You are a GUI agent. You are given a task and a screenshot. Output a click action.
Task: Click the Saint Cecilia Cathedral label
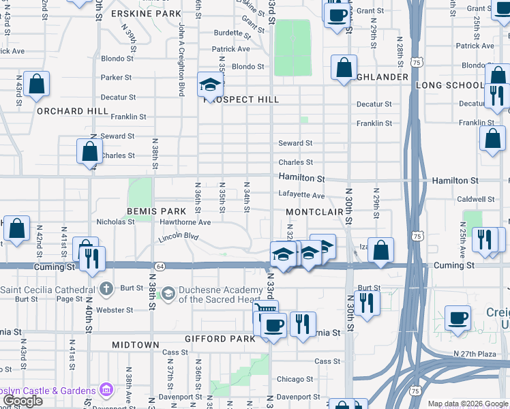coord(46,289)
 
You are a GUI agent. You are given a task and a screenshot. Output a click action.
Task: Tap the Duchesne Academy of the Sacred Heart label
coord(220,294)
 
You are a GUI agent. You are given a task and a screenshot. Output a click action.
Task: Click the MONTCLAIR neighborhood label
coord(314,212)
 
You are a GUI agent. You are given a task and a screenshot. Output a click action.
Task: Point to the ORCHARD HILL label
coord(72,111)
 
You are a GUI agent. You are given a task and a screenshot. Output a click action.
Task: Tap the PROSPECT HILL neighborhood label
coord(241,100)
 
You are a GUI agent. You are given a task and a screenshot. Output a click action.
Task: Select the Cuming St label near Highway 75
coord(451,265)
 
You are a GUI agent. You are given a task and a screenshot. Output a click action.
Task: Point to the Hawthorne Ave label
coord(185,222)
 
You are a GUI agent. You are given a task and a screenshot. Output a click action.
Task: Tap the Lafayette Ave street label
coord(301,195)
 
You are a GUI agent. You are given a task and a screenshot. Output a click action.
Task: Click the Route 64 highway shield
coord(160,265)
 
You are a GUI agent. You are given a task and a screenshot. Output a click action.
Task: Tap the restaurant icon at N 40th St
coord(91,258)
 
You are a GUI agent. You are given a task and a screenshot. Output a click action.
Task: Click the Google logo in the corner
coord(22,401)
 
